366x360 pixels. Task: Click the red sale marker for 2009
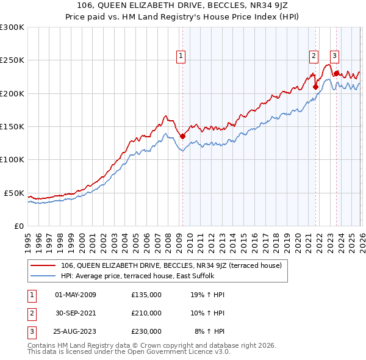pos(182,136)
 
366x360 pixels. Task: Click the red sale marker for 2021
pos(315,87)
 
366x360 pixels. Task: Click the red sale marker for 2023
pos(336,73)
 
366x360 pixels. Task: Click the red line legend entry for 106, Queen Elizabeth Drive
pos(171,265)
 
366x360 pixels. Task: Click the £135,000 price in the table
pos(146,295)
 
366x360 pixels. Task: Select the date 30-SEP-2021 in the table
pos(76,313)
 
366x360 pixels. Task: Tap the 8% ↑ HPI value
pos(210,331)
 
